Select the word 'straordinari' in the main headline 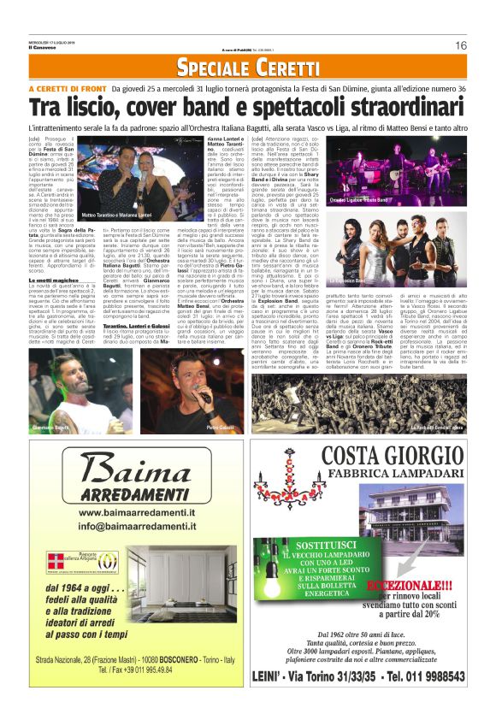(402, 108)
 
